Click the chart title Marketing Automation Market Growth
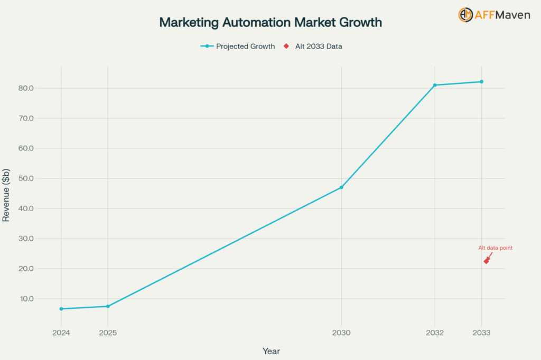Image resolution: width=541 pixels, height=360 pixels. tap(270, 23)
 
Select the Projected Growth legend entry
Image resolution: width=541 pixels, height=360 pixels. tap(238, 46)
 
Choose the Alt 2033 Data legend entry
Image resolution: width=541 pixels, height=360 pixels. tap(313, 46)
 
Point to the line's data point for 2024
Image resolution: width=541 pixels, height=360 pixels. tap(61, 309)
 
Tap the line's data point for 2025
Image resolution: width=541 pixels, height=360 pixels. tap(108, 306)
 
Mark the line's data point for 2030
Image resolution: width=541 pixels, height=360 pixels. tap(341, 187)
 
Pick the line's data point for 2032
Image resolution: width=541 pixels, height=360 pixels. tap(435, 85)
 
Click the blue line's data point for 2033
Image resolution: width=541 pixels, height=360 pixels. tap(481, 82)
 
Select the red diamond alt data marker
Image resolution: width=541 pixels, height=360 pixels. tap(486, 261)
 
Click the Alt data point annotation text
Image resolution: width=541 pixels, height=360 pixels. tap(495, 248)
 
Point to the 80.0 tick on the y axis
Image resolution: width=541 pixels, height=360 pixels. tap(25, 88)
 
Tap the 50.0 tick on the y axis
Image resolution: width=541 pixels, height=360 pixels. tap(25, 178)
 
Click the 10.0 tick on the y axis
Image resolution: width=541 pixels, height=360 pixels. tap(25, 299)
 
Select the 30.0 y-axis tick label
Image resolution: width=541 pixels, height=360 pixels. tap(25, 239)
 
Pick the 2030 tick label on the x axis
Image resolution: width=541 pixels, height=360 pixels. tap(341, 333)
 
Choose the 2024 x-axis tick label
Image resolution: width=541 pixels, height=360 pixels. tap(61, 333)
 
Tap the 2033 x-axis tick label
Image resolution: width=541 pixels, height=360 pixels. tap(481, 333)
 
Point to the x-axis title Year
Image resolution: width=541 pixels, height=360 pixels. tap(271, 351)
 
